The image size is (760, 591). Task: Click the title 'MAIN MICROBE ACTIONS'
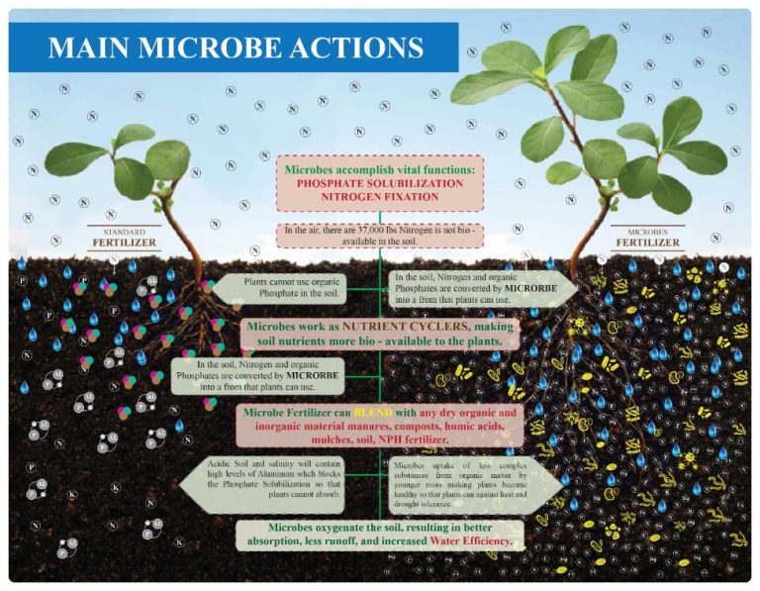pos(236,49)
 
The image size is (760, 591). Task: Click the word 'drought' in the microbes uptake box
pos(414,505)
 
